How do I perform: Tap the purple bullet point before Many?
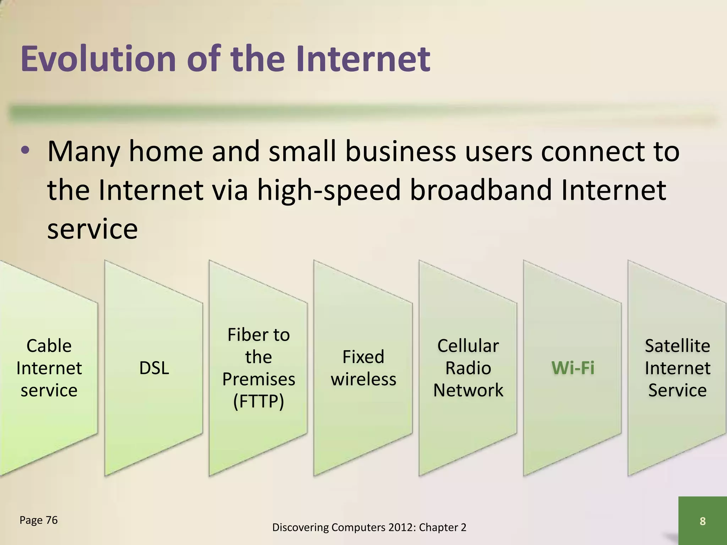(25, 151)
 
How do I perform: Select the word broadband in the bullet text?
(481, 190)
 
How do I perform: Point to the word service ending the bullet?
(92, 229)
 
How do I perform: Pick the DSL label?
(154, 368)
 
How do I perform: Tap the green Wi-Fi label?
(573, 368)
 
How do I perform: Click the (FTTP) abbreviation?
(258, 401)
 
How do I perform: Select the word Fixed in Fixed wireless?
(363, 357)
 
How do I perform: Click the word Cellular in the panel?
(468, 346)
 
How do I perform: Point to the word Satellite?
(677, 346)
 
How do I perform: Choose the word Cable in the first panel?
(49, 346)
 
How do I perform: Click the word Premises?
(258, 379)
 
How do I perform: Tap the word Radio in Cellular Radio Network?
(468, 368)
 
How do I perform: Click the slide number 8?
(702, 521)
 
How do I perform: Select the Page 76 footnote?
(38, 520)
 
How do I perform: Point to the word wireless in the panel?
(363, 379)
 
